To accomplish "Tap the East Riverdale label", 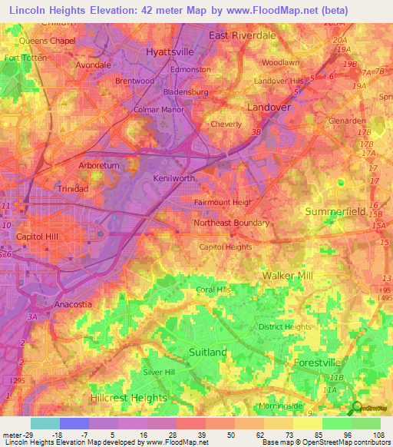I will pyautogui.click(x=242, y=35).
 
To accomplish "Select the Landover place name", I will pyautogui.click(x=269, y=107).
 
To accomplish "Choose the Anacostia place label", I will pyautogui.click(x=74, y=304).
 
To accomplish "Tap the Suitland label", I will pyautogui.click(x=208, y=352).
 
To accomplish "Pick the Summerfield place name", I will pyautogui.click(x=335, y=210).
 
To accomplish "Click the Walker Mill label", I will pyautogui.click(x=289, y=275).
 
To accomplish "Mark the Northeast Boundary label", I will pyautogui.click(x=231, y=223).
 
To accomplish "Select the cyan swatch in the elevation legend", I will pyautogui.click(x=45, y=423).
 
